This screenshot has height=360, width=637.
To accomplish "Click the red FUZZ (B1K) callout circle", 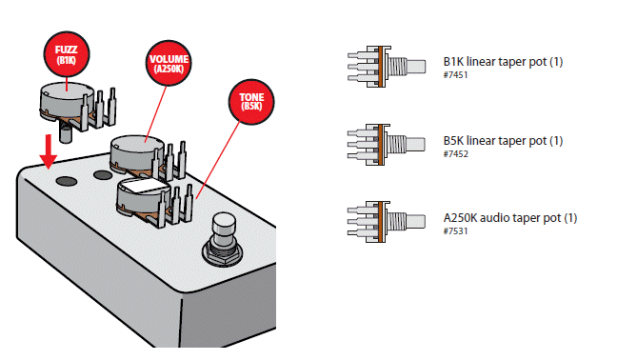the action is tap(67, 54).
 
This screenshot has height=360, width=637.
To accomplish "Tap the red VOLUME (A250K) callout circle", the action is tap(169, 63).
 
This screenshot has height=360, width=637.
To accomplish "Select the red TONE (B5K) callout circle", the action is tap(251, 102).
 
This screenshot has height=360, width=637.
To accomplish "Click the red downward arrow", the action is tap(49, 151).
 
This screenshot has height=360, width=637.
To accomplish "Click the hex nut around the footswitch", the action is tap(223, 254).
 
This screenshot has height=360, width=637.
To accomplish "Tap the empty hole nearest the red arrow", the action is tap(67, 181).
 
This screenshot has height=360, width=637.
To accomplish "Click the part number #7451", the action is tap(455, 75).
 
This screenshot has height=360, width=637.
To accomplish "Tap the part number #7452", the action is tap(455, 154).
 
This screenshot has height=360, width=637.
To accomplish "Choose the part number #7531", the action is tap(455, 231).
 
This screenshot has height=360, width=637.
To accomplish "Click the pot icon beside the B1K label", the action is tap(387, 67).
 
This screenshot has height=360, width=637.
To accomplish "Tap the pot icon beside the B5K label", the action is tap(387, 145).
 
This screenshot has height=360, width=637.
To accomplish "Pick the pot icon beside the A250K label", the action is tap(387, 222).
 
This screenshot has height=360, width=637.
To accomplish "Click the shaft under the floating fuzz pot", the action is tap(66, 133).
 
